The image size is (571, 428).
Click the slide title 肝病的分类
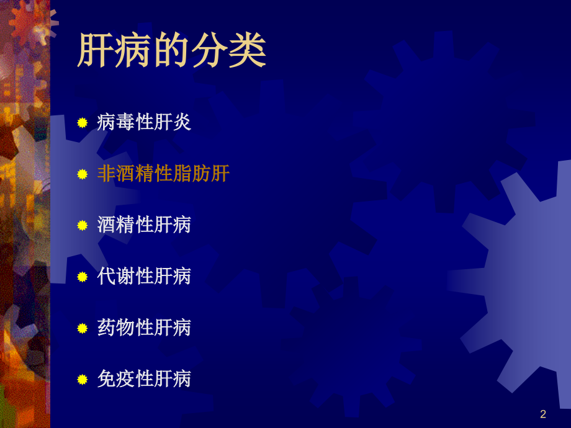point(172,50)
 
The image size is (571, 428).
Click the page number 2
point(543,414)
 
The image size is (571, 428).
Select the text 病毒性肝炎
point(144,122)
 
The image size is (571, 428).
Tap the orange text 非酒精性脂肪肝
point(163,174)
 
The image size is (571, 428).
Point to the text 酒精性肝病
point(144,225)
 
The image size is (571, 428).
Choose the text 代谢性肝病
point(144,276)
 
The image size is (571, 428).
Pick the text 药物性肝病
point(144,328)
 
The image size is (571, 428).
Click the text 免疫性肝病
point(144,378)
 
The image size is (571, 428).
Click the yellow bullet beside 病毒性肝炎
point(82,123)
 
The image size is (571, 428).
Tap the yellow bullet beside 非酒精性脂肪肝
point(82,174)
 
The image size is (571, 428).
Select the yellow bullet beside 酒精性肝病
point(82,225)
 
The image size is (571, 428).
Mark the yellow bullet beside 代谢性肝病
point(82,277)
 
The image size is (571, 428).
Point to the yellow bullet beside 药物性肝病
point(82,328)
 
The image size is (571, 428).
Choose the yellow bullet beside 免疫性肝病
point(82,379)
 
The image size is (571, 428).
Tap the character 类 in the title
point(248,50)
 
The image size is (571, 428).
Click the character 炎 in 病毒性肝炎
point(182,122)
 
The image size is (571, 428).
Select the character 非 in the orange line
point(107,174)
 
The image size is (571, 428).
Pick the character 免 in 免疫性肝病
point(107,378)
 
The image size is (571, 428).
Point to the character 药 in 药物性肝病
point(107,328)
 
